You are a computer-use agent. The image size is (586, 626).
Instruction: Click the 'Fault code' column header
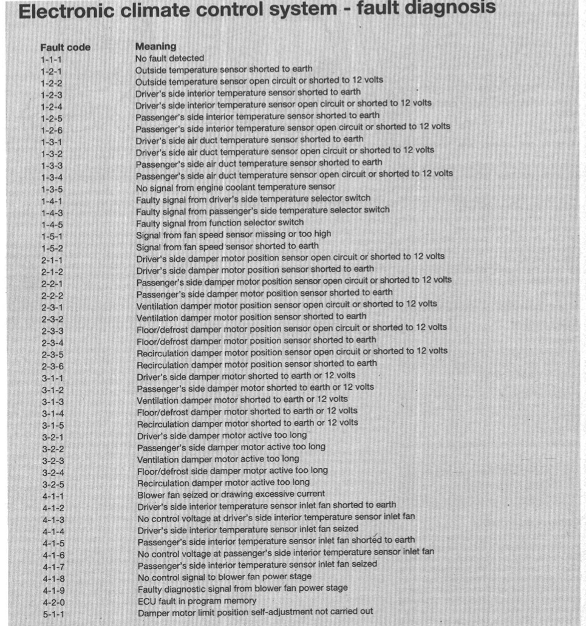coord(65,47)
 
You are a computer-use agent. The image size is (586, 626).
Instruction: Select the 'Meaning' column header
coord(155,46)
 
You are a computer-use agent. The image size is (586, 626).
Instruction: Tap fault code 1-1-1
coord(51,60)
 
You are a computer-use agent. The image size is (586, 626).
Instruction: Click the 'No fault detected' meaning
coord(169,58)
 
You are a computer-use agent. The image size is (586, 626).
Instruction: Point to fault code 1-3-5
coord(52,189)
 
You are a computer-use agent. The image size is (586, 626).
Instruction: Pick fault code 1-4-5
coord(52,224)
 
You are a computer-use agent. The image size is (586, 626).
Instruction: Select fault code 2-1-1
coord(52,259)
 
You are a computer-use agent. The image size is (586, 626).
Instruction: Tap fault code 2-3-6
coord(53,366)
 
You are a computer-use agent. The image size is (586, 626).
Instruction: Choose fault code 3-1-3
coord(53,401)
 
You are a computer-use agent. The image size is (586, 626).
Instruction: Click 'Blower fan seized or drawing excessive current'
coord(231,494)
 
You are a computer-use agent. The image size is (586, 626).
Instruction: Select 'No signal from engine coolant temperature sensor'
coord(235,186)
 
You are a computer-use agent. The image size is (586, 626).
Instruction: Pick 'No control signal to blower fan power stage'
coord(224,576)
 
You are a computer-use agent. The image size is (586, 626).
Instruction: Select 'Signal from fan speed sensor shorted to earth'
coord(227,245)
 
